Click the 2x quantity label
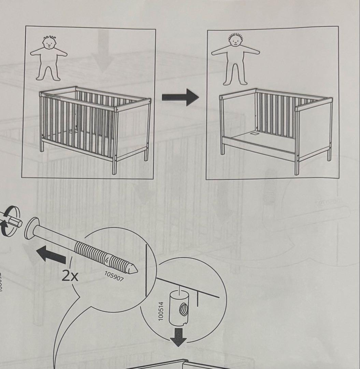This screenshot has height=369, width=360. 70,275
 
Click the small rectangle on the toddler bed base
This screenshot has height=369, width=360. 255,134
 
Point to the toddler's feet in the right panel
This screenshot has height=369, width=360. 235,82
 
